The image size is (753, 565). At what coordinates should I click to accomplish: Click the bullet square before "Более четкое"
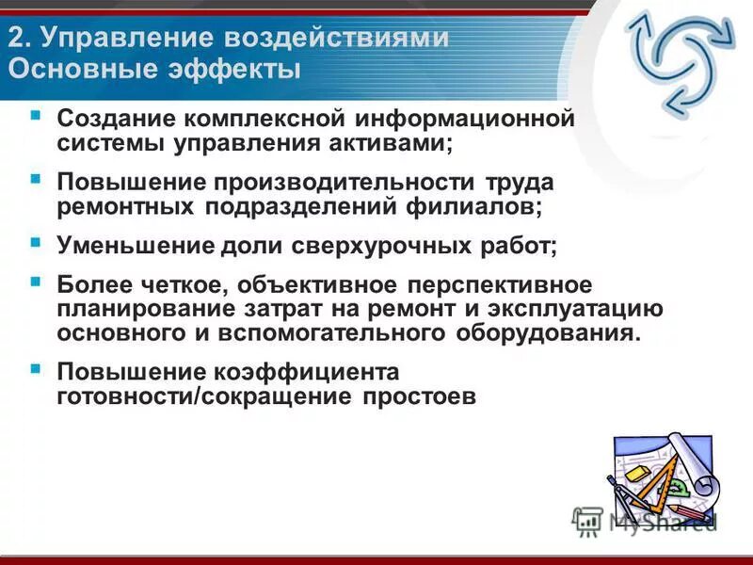tap(36, 282)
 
